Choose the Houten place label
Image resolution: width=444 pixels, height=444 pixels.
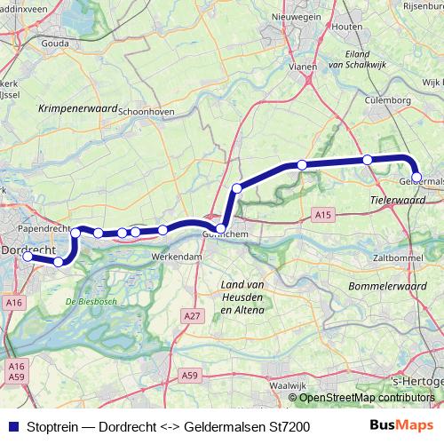tap(345, 28)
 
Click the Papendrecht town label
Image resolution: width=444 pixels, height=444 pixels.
tap(44, 228)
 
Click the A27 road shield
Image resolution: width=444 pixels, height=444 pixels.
tap(188, 316)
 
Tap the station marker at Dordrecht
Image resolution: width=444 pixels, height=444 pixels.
tap(28, 257)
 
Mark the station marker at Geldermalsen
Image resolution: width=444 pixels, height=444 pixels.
tap(416, 178)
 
